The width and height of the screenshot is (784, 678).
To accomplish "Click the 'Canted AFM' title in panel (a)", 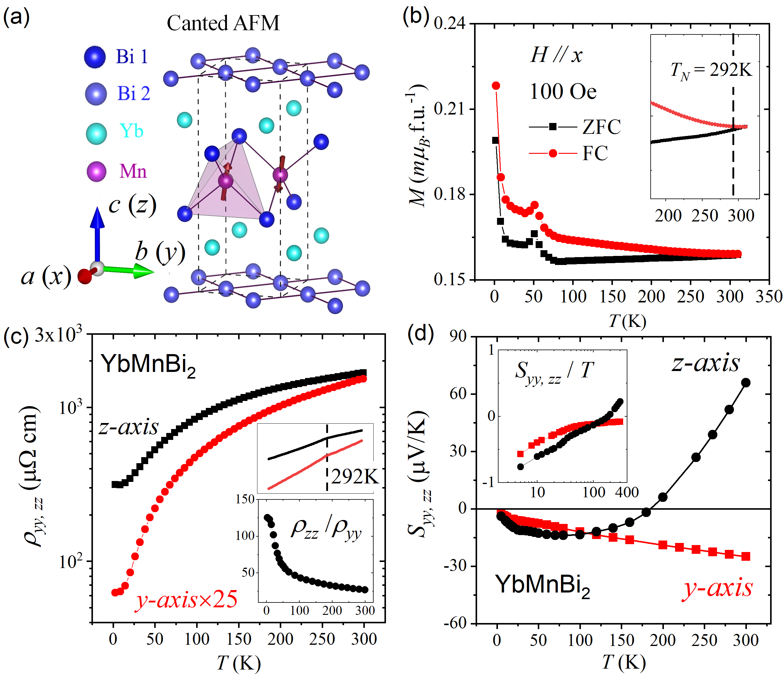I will [x=223, y=24].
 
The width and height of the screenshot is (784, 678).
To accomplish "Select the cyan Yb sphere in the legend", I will [x=96, y=133].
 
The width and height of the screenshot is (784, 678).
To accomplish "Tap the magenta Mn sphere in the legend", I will [x=96, y=171].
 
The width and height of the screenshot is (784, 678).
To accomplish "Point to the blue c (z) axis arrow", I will [x=97, y=231].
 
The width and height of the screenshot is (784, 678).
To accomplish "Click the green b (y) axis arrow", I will [x=129, y=270].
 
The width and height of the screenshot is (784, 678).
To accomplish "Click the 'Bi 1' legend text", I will [x=132, y=57].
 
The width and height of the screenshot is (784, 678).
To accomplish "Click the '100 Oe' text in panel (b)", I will [x=563, y=92].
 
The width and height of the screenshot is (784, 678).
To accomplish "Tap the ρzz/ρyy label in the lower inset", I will [x=326, y=528].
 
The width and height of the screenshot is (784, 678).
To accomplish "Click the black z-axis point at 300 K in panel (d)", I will [x=745, y=383].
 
